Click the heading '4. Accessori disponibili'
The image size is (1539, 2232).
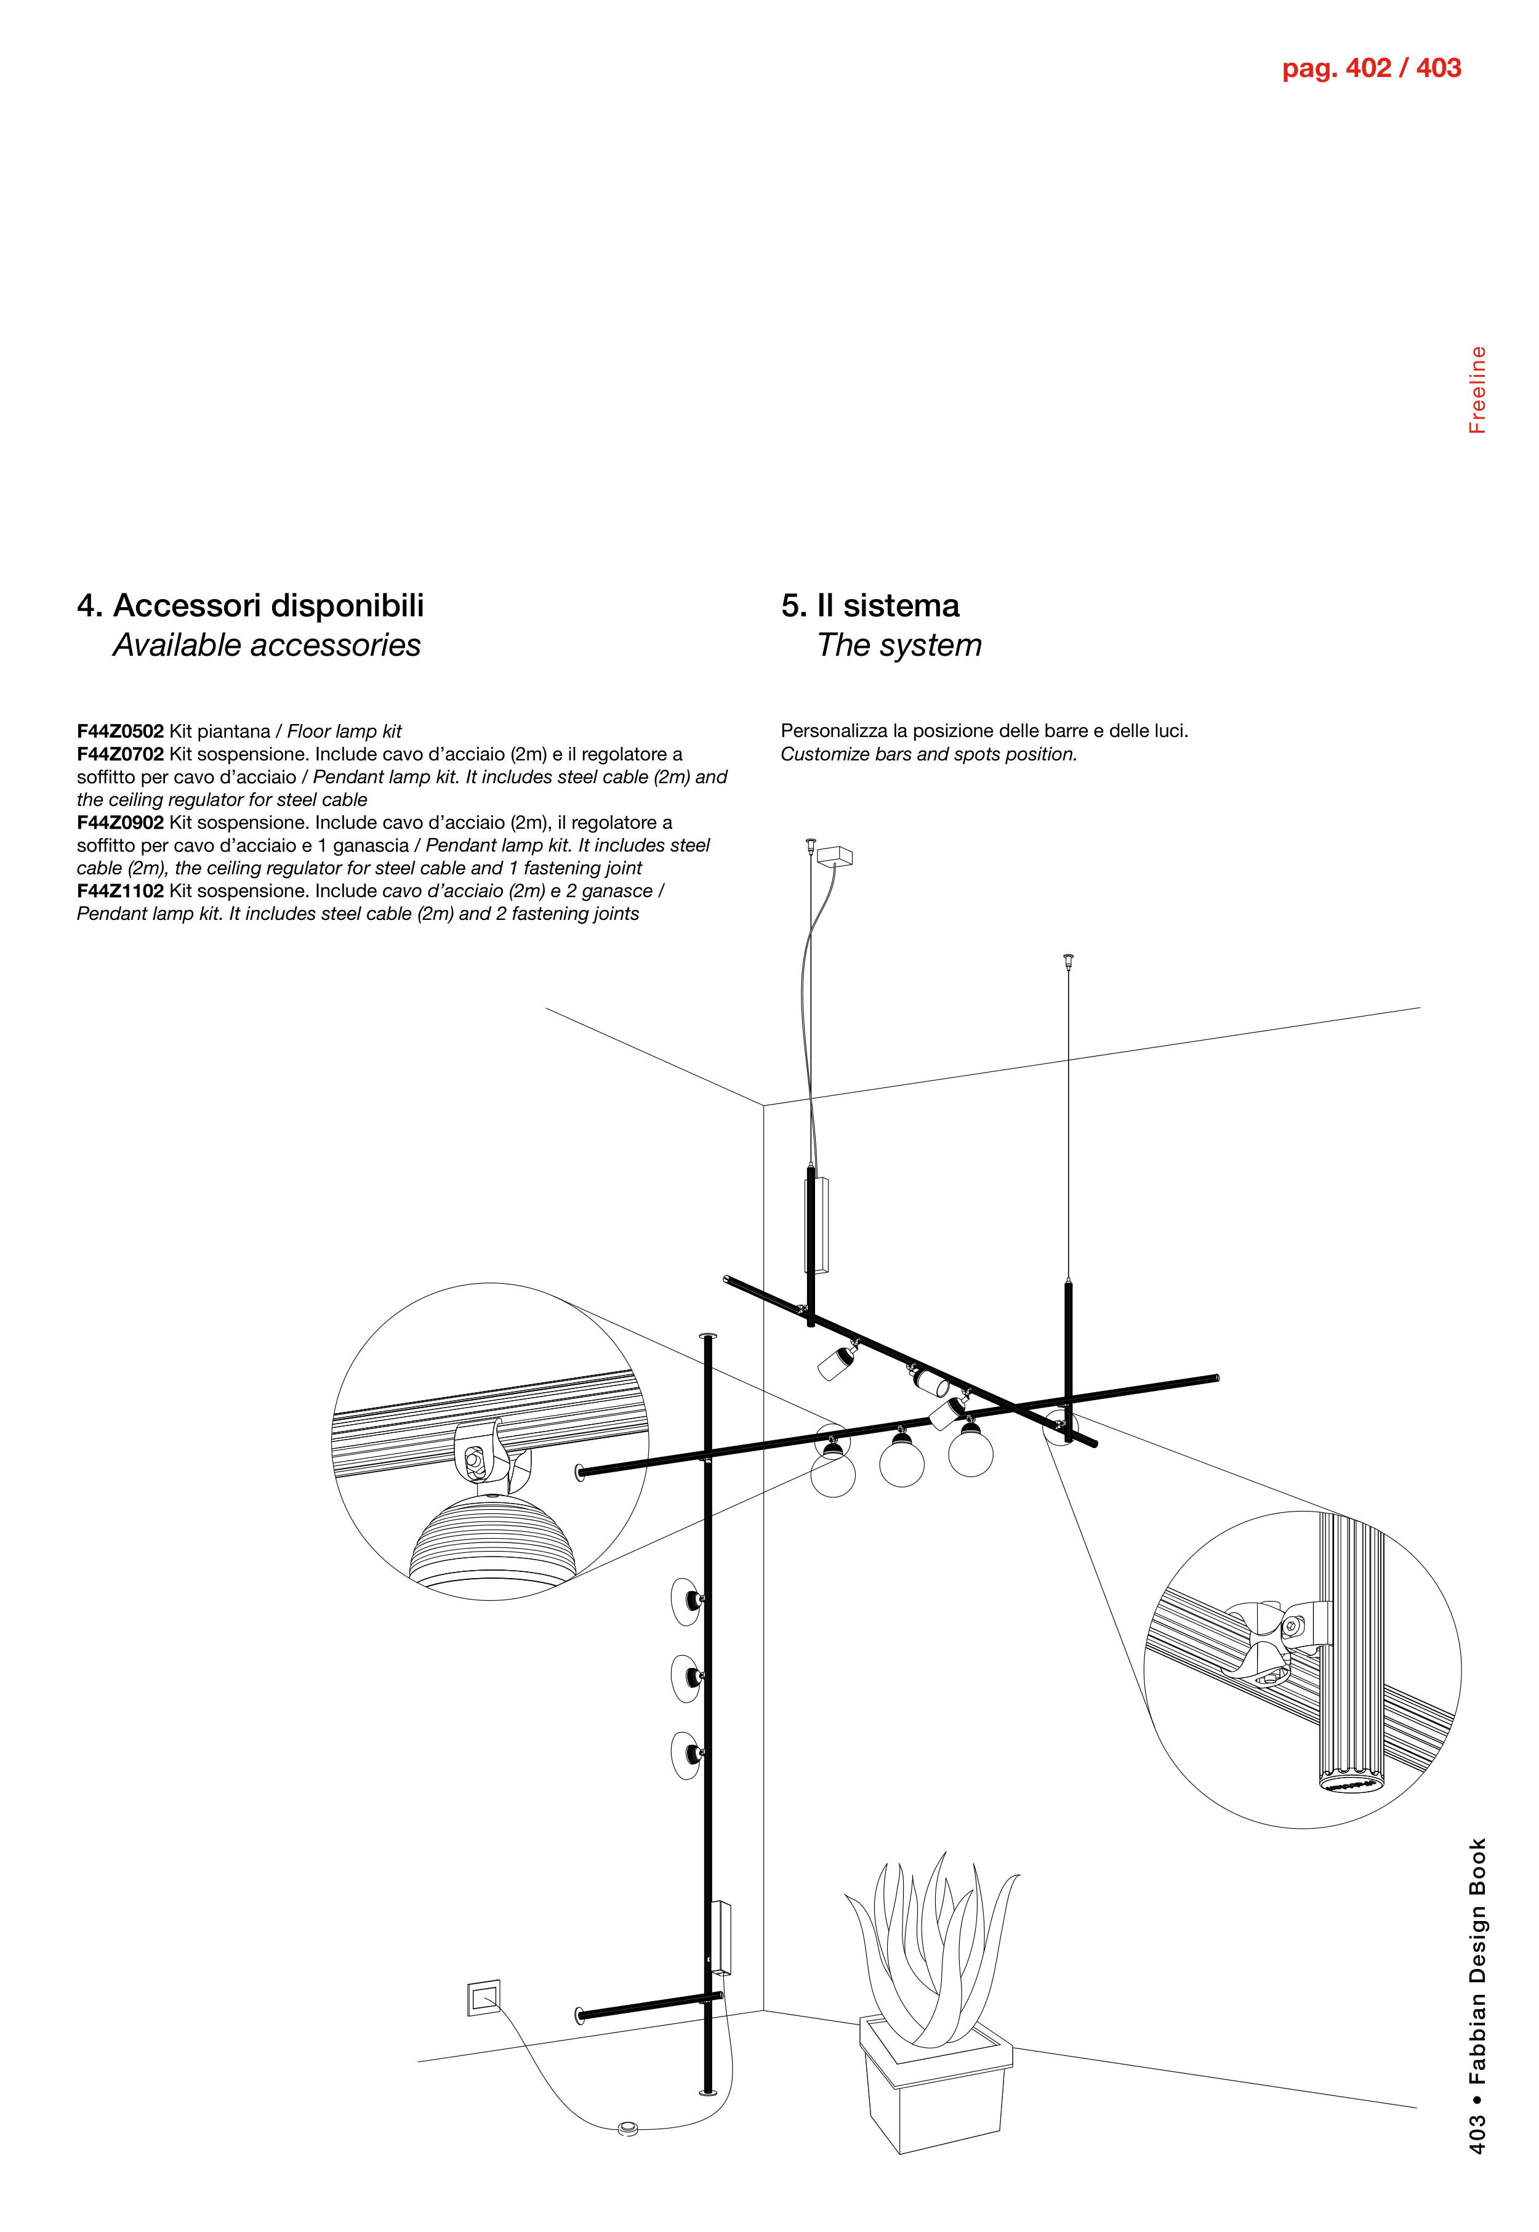(251, 606)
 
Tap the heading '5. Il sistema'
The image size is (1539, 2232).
(870, 606)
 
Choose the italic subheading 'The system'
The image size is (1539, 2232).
(899, 645)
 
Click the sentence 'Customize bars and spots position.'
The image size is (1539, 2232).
(928, 754)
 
